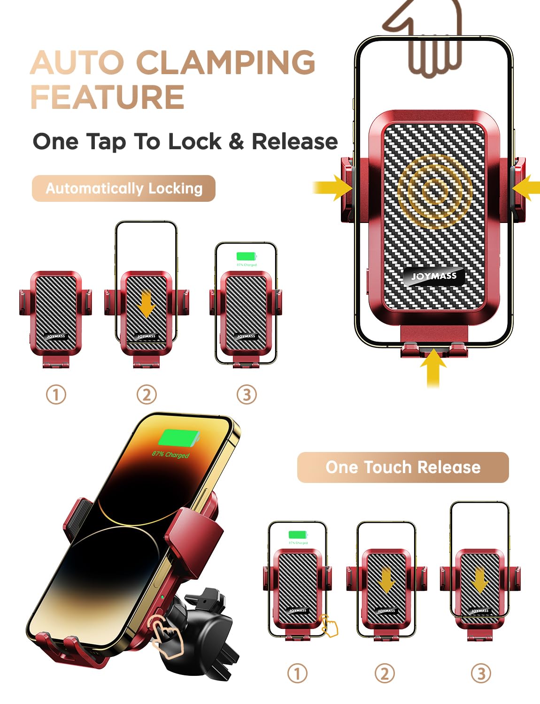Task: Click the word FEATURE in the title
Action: [x=107, y=97]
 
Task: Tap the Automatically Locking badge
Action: [x=123, y=188]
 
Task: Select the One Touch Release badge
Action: [x=402, y=467]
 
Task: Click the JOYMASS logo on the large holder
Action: [x=434, y=276]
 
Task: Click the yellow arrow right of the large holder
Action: [x=527, y=188]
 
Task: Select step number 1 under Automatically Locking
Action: [x=56, y=394]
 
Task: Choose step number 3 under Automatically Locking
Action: [x=247, y=394]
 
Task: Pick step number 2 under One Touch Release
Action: [x=385, y=673]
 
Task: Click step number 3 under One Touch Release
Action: [x=481, y=673]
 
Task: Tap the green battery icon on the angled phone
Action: [x=179, y=439]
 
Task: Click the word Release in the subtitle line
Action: [x=294, y=141]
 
